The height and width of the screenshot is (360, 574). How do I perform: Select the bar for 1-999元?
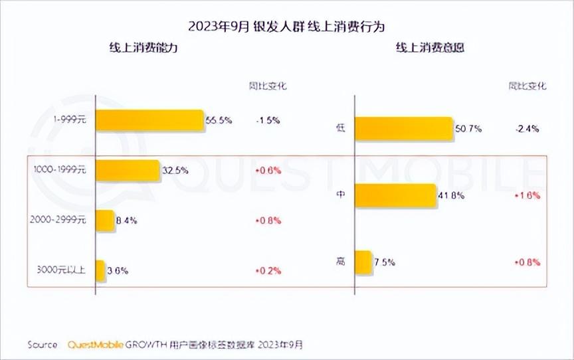(149, 120)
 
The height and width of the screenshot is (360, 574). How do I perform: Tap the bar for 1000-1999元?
(128, 170)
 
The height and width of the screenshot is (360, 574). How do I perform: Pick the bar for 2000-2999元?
(105, 221)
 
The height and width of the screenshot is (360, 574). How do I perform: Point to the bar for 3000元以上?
(100, 270)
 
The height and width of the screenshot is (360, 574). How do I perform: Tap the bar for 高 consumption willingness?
(363, 262)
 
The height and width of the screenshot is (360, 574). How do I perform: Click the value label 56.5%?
(218, 120)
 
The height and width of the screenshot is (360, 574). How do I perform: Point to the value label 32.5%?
(175, 170)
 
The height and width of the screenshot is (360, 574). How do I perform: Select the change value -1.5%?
(267, 120)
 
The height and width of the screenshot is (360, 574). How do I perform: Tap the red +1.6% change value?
(527, 196)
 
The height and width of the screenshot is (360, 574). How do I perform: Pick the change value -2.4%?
(526, 128)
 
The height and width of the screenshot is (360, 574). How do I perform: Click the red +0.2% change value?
(268, 270)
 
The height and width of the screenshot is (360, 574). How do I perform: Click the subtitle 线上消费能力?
(143, 48)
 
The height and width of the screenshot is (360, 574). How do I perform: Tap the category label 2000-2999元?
(59, 221)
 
